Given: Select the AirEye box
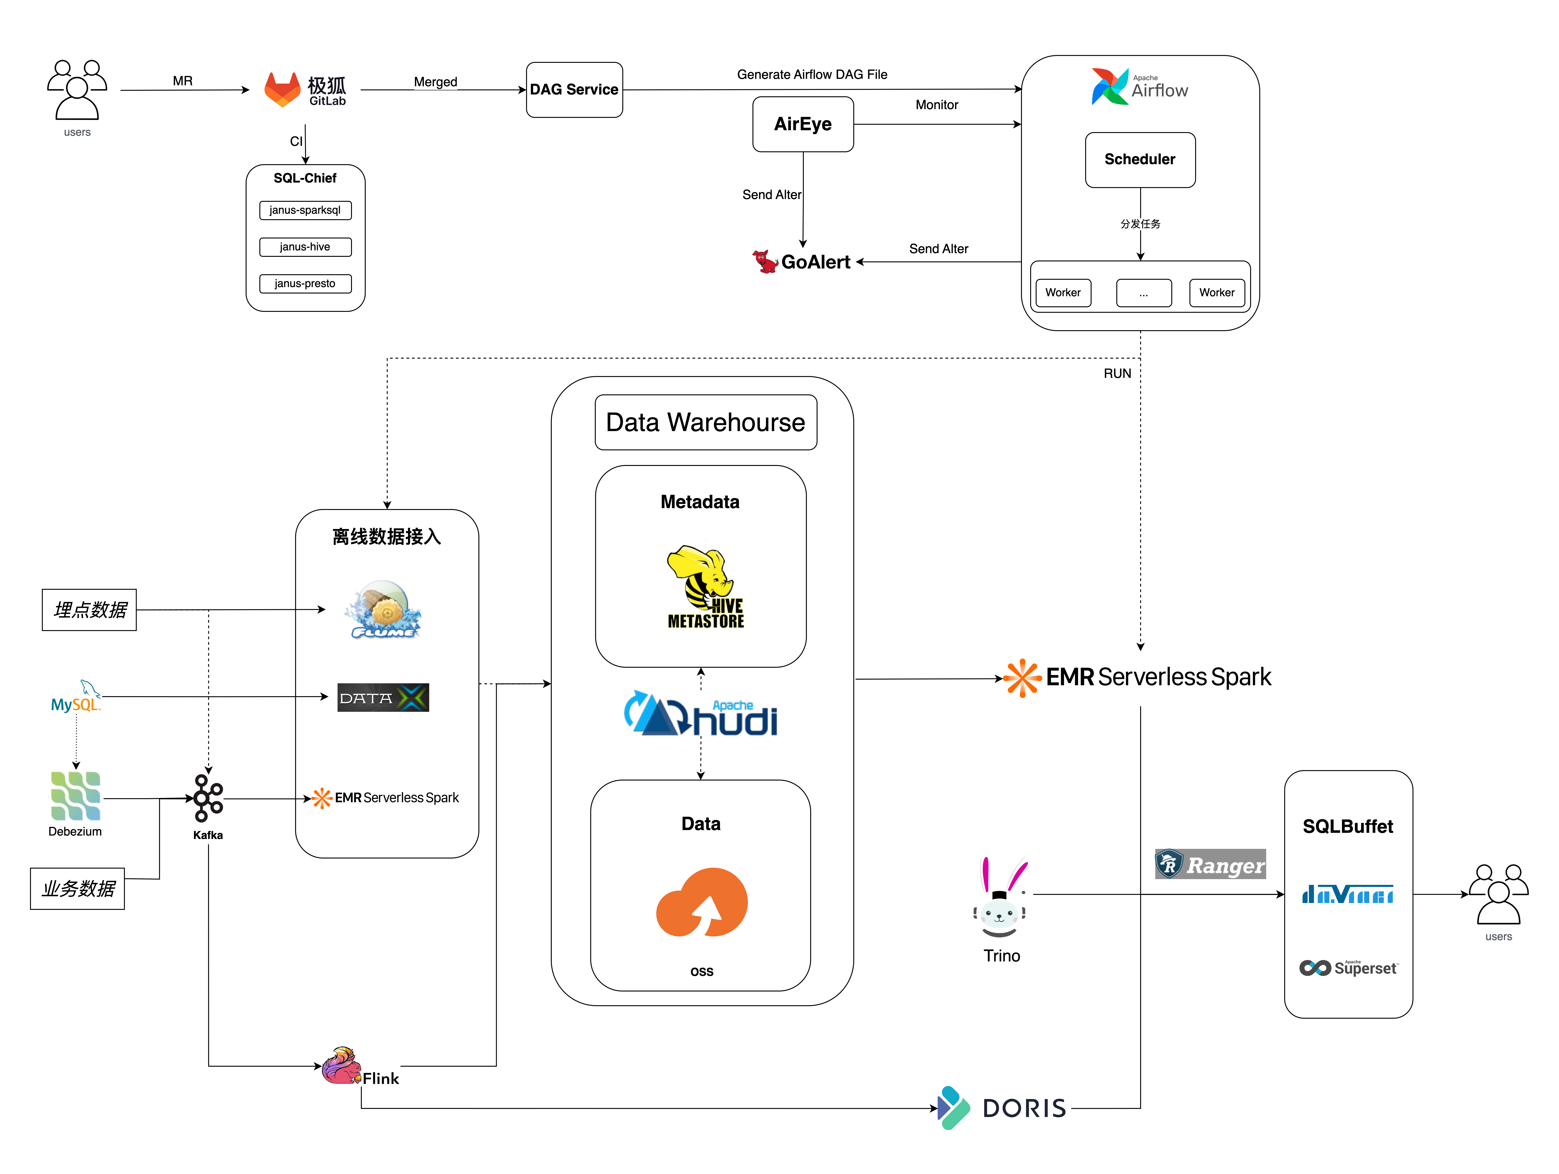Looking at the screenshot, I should tap(803, 124).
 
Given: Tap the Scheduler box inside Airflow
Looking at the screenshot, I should tap(1140, 159).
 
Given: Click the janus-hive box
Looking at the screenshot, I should tap(305, 247).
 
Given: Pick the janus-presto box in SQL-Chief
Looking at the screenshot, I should tap(305, 283).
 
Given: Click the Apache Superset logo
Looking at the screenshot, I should tap(1348, 968).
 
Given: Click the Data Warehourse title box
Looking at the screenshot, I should tap(705, 422).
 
